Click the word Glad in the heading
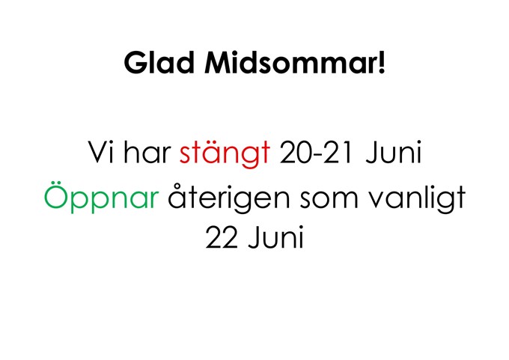pyautogui.click(x=159, y=63)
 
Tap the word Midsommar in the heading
pyautogui.click(x=290, y=63)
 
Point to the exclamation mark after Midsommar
pyautogui.click(x=382, y=63)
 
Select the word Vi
pyautogui.click(x=101, y=152)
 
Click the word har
pyautogui.click(x=147, y=152)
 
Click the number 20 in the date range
pyautogui.click(x=295, y=152)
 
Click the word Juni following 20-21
pyautogui.click(x=394, y=152)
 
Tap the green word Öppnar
pyautogui.click(x=102, y=198)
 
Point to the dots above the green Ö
pyautogui.click(x=58, y=187)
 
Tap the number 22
pyautogui.click(x=222, y=237)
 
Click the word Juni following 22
pyautogui.click(x=276, y=237)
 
